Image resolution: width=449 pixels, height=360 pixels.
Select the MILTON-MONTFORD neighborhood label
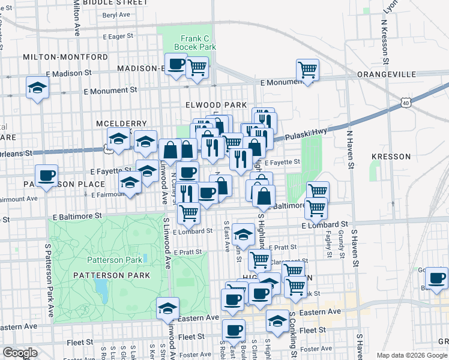tap(65, 57)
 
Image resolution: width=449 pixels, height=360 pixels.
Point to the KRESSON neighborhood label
tap(391, 157)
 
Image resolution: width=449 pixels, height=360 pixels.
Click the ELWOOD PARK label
tap(216, 105)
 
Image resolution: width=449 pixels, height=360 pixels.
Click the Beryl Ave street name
tap(116, 15)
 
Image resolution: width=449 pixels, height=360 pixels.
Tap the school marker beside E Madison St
tap(37, 88)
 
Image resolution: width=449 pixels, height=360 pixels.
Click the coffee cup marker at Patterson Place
tap(46, 176)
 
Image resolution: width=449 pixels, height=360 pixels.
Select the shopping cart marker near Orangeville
tap(307, 70)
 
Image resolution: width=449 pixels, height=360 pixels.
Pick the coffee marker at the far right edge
tap(436, 278)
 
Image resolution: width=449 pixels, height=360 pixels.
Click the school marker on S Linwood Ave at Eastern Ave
tap(167, 308)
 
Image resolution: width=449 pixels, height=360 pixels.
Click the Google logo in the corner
tap(20, 353)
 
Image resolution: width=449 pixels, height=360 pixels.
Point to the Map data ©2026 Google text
tap(411, 355)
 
